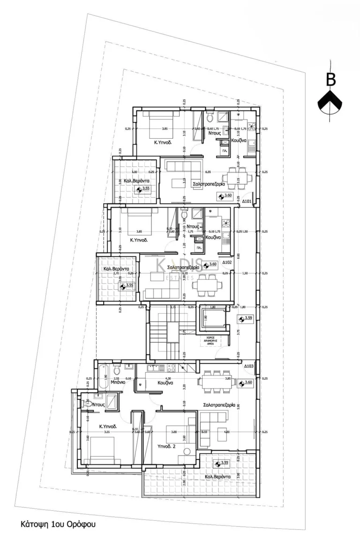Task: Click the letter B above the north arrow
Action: pyautogui.click(x=331, y=80)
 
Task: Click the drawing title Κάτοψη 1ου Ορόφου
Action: pyautogui.click(x=58, y=524)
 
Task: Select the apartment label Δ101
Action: pyautogui.click(x=247, y=202)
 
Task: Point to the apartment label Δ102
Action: pyautogui.click(x=228, y=262)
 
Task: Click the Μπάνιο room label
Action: pyautogui.click(x=118, y=382)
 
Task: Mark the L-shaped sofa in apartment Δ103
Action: pyautogui.click(x=213, y=427)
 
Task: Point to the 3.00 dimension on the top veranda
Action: pyautogui.click(x=135, y=172)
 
